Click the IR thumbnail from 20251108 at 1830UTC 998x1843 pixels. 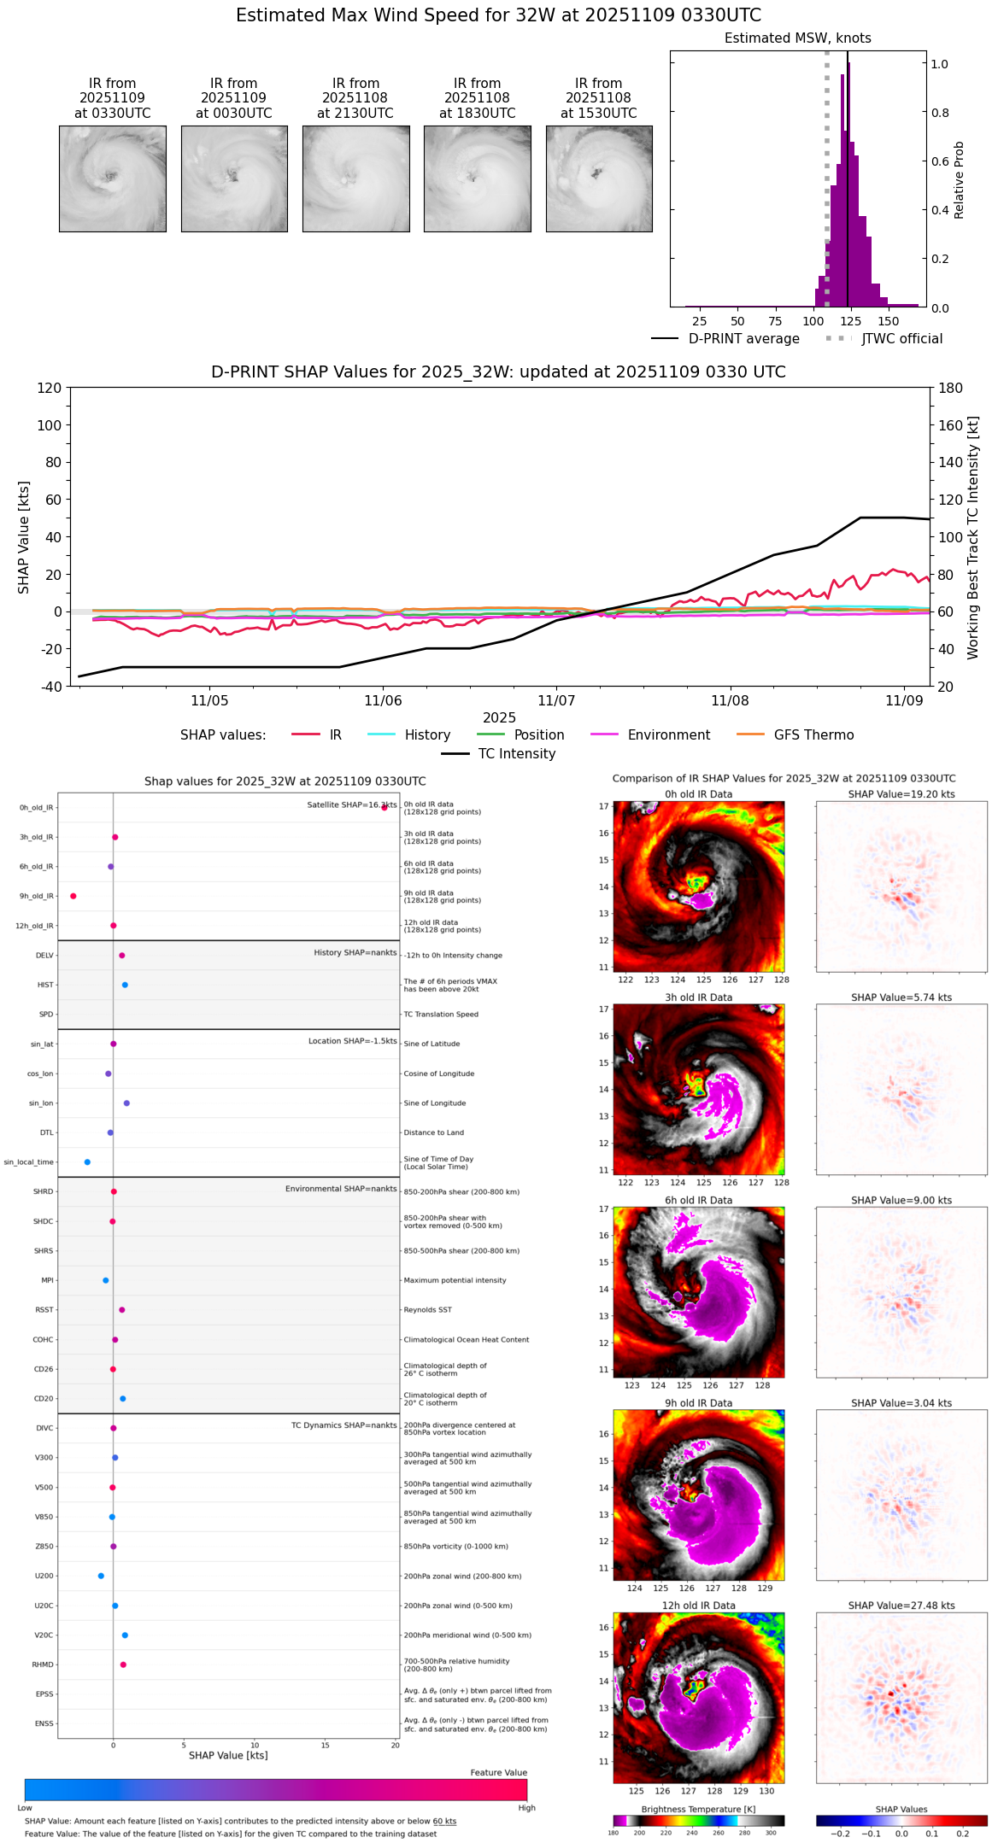click(x=477, y=178)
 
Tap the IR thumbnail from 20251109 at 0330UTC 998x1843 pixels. click(x=112, y=178)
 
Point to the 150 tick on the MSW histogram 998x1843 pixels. click(x=889, y=321)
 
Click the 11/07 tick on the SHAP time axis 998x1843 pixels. click(x=556, y=700)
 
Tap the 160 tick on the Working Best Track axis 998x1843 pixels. click(x=951, y=425)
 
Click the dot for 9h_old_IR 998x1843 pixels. click(x=73, y=896)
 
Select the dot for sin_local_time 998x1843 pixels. click(x=87, y=1162)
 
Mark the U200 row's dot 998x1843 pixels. click(x=101, y=1576)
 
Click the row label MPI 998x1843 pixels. click(x=48, y=1280)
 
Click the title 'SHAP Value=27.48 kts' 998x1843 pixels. click(x=901, y=1606)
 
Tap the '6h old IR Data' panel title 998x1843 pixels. click(x=698, y=1200)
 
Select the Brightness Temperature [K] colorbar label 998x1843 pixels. click(x=698, y=1809)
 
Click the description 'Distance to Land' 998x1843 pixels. click(x=434, y=1132)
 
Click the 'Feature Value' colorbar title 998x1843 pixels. click(x=498, y=1772)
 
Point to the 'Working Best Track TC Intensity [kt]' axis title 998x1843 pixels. click(x=973, y=537)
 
